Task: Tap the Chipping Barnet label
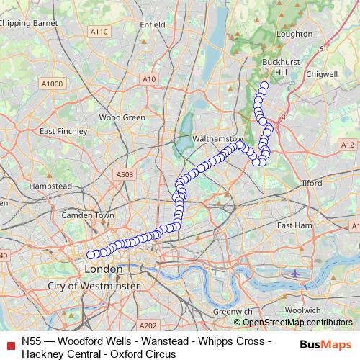tap(30, 23)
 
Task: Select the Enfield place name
tap(153, 24)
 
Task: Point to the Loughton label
tap(294, 34)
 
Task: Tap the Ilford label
tap(312, 184)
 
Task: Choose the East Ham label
tap(297, 225)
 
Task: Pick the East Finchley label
tap(63, 132)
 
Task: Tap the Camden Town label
tap(89, 215)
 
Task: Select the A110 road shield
tap(99, 32)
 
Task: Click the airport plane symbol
tap(296, 274)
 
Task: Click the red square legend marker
tap(9, 346)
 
